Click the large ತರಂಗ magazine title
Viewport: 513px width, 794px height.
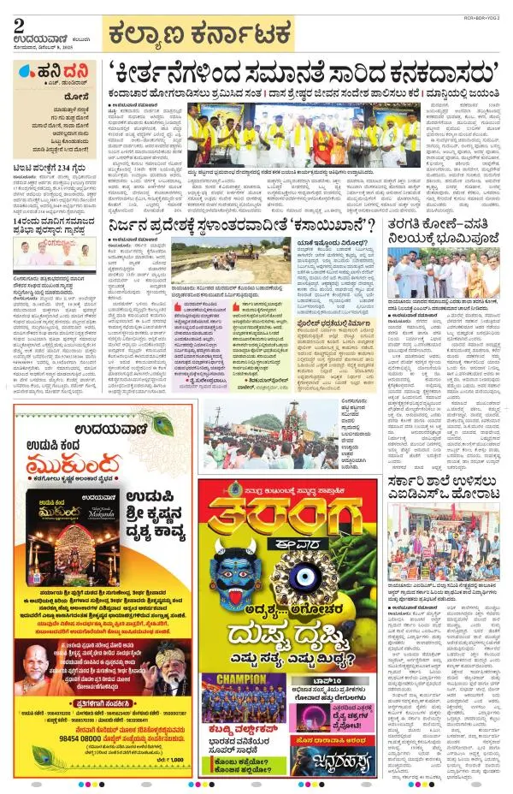pos(282,522)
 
